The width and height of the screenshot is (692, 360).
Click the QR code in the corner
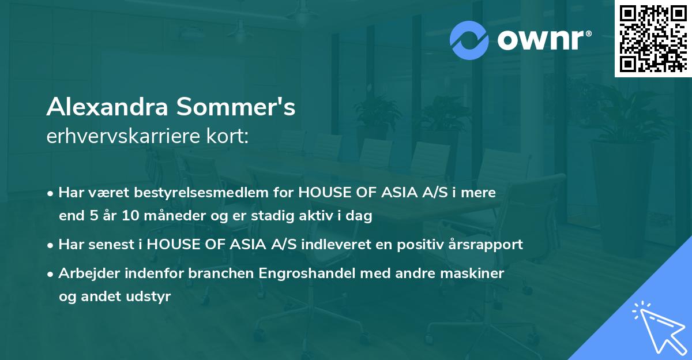coord(652,38)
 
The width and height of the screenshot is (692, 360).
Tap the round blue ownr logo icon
coord(469,40)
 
